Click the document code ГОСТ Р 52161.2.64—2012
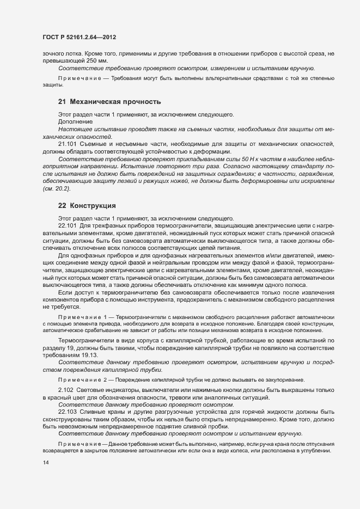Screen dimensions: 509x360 pyautogui.click(x=79, y=38)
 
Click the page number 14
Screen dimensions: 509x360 pyautogui.click(x=46, y=463)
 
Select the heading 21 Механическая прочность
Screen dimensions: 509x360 pyautogui.click(x=109, y=101)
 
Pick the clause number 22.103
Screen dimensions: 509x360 pyautogui.click(x=68, y=412)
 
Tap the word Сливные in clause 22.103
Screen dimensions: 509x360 pyautogui.click(x=96, y=412)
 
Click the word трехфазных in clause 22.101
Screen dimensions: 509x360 pyautogui.click(x=108, y=225)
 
